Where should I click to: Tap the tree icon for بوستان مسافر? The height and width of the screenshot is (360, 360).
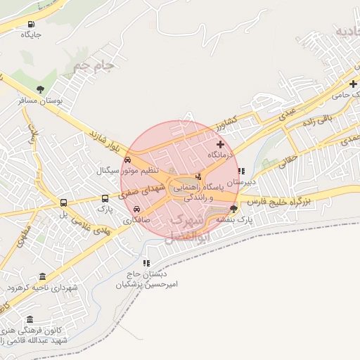[41, 89]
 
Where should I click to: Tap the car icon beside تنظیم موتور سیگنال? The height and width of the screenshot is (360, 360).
[127, 160]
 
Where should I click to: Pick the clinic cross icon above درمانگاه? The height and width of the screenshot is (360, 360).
[220, 143]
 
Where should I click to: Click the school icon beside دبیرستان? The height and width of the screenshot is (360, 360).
[241, 171]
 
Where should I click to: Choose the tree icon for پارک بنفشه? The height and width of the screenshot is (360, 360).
[233, 209]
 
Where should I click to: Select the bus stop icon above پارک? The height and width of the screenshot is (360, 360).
[105, 198]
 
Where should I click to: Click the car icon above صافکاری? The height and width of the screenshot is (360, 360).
[136, 209]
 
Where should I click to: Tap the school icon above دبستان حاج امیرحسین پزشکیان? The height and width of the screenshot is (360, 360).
[146, 263]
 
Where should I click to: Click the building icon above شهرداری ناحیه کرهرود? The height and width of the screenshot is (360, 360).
[43, 276]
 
